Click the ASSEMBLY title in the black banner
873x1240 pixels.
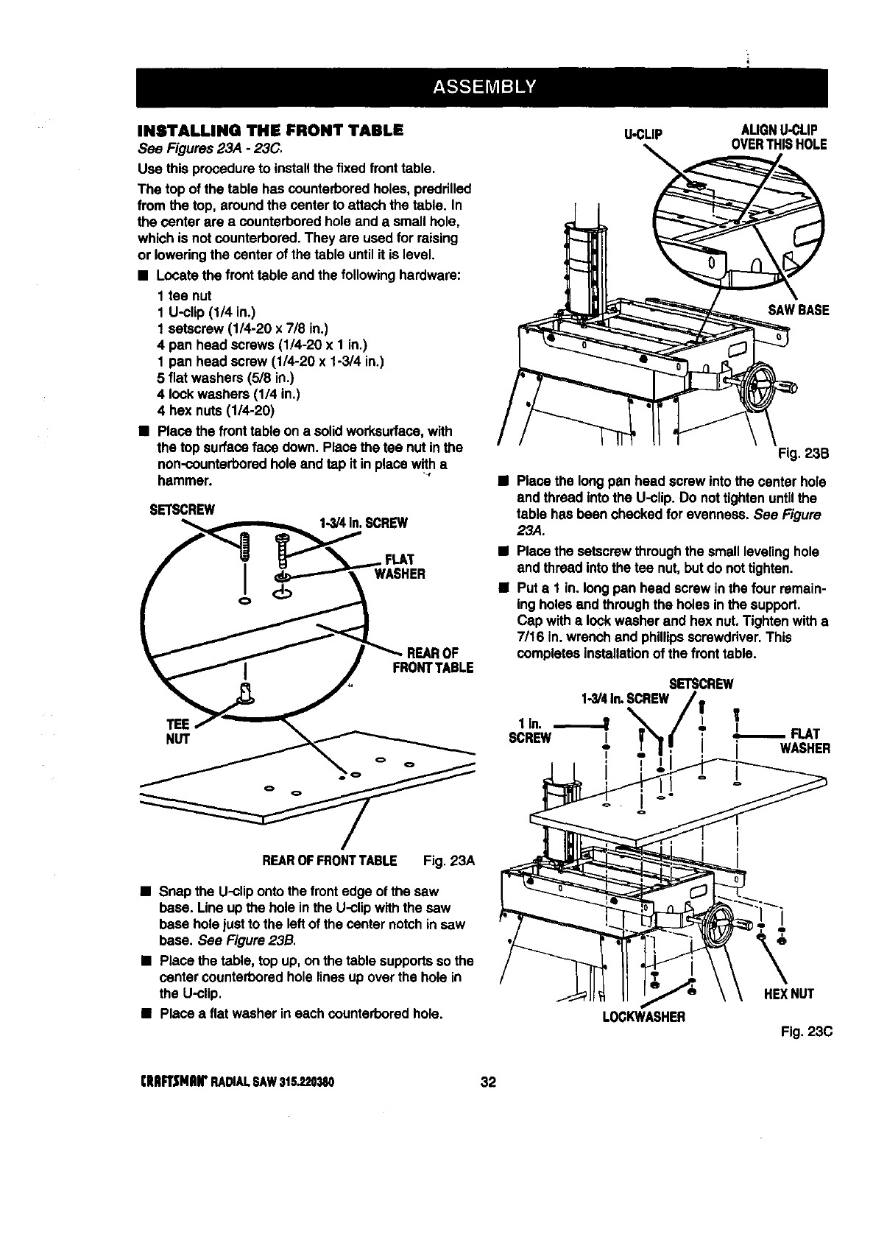coord(481,88)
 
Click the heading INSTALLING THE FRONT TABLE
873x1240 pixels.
coord(270,131)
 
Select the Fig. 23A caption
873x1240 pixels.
coord(449,861)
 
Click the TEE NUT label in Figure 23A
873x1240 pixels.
coord(179,731)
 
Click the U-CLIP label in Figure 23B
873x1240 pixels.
coord(643,134)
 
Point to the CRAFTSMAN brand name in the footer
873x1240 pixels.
coord(171,1082)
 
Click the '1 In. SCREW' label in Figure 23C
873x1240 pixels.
coord(531,731)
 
